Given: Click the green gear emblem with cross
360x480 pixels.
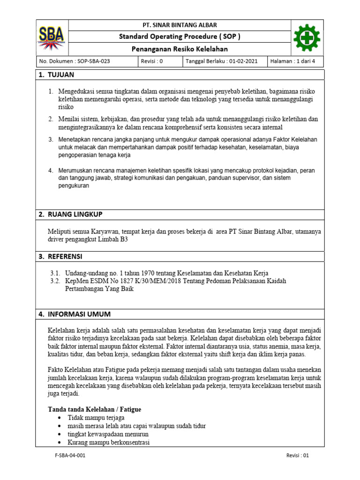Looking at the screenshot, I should point(307,37).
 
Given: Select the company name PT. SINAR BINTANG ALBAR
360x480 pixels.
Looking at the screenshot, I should point(180,25).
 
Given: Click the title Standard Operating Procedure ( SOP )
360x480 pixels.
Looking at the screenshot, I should point(180,37).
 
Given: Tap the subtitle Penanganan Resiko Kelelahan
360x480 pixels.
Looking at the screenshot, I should point(180,50).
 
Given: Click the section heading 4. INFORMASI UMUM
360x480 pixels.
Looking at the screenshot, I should point(75,314).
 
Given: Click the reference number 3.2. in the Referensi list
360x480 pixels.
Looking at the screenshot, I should point(55,281).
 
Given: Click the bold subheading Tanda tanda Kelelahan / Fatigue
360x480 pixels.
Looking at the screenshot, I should point(95,409).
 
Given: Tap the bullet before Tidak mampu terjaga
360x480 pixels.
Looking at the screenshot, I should point(58,418).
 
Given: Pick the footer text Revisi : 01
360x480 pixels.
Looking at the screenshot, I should point(298,455).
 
